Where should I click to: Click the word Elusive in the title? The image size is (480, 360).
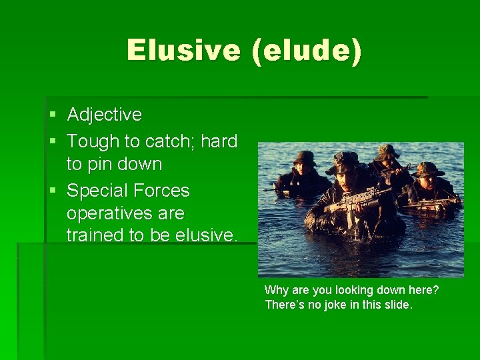point(183,51)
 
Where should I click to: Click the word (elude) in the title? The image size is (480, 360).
point(307,51)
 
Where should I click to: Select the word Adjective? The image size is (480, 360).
point(105,115)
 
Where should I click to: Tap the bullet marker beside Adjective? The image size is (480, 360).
point(53,115)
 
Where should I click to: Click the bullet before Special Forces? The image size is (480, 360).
point(53,191)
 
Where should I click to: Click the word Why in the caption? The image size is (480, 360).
point(275,291)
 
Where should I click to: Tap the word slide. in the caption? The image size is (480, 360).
point(399,305)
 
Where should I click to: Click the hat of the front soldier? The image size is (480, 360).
point(347,159)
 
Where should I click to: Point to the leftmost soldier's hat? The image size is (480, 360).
point(305,157)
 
